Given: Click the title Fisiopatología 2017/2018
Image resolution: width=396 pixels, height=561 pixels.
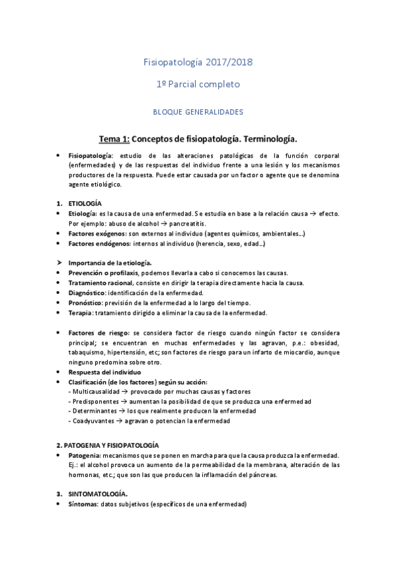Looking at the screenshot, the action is [198, 62].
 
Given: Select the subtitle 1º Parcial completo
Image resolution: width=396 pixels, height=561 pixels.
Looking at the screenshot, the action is [198, 84].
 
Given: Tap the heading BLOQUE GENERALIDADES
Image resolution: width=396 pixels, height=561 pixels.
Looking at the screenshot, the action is [198, 112].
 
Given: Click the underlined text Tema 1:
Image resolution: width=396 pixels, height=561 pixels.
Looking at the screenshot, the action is [114, 139].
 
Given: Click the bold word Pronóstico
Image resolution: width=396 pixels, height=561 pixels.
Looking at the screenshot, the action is [85, 302].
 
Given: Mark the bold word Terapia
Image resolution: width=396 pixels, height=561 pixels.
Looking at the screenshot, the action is [80, 312].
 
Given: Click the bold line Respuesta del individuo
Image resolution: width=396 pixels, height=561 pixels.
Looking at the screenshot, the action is [104, 372].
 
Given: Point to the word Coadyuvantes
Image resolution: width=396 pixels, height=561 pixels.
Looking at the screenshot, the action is [93, 421].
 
